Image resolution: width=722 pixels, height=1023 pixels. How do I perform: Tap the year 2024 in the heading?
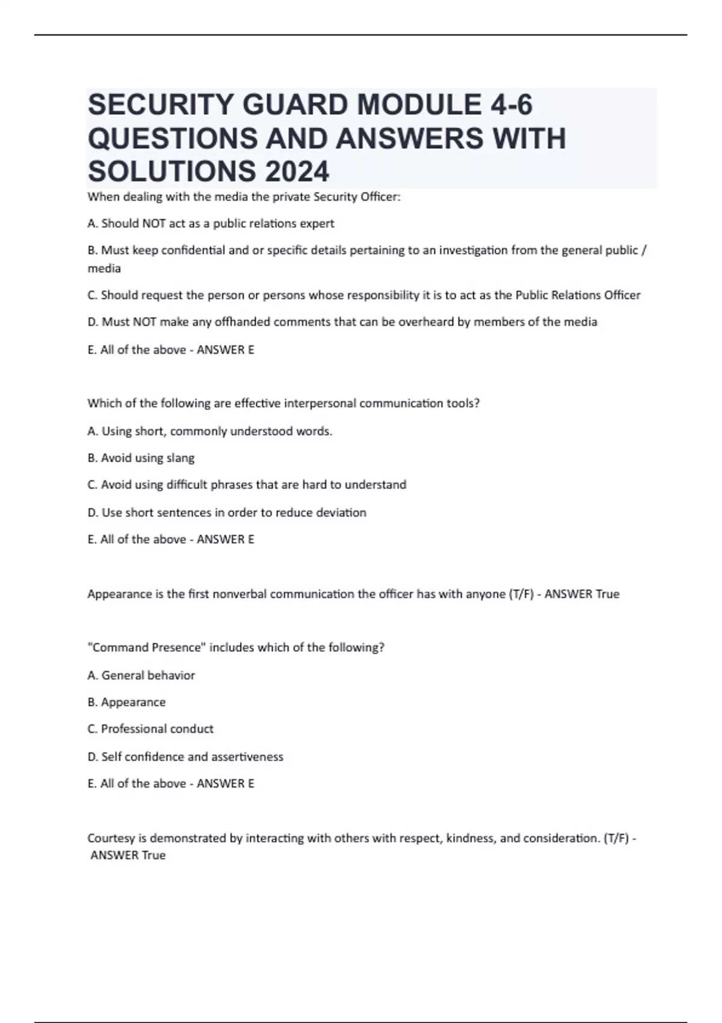(295, 172)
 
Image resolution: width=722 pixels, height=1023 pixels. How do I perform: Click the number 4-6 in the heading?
(508, 105)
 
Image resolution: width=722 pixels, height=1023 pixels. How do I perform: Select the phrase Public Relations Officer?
(578, 295)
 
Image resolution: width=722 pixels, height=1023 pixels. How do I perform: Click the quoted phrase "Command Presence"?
(146, 647)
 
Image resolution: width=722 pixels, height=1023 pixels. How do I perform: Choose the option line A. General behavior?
(141, 675)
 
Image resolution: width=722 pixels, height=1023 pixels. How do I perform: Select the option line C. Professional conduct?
(150, 729)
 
